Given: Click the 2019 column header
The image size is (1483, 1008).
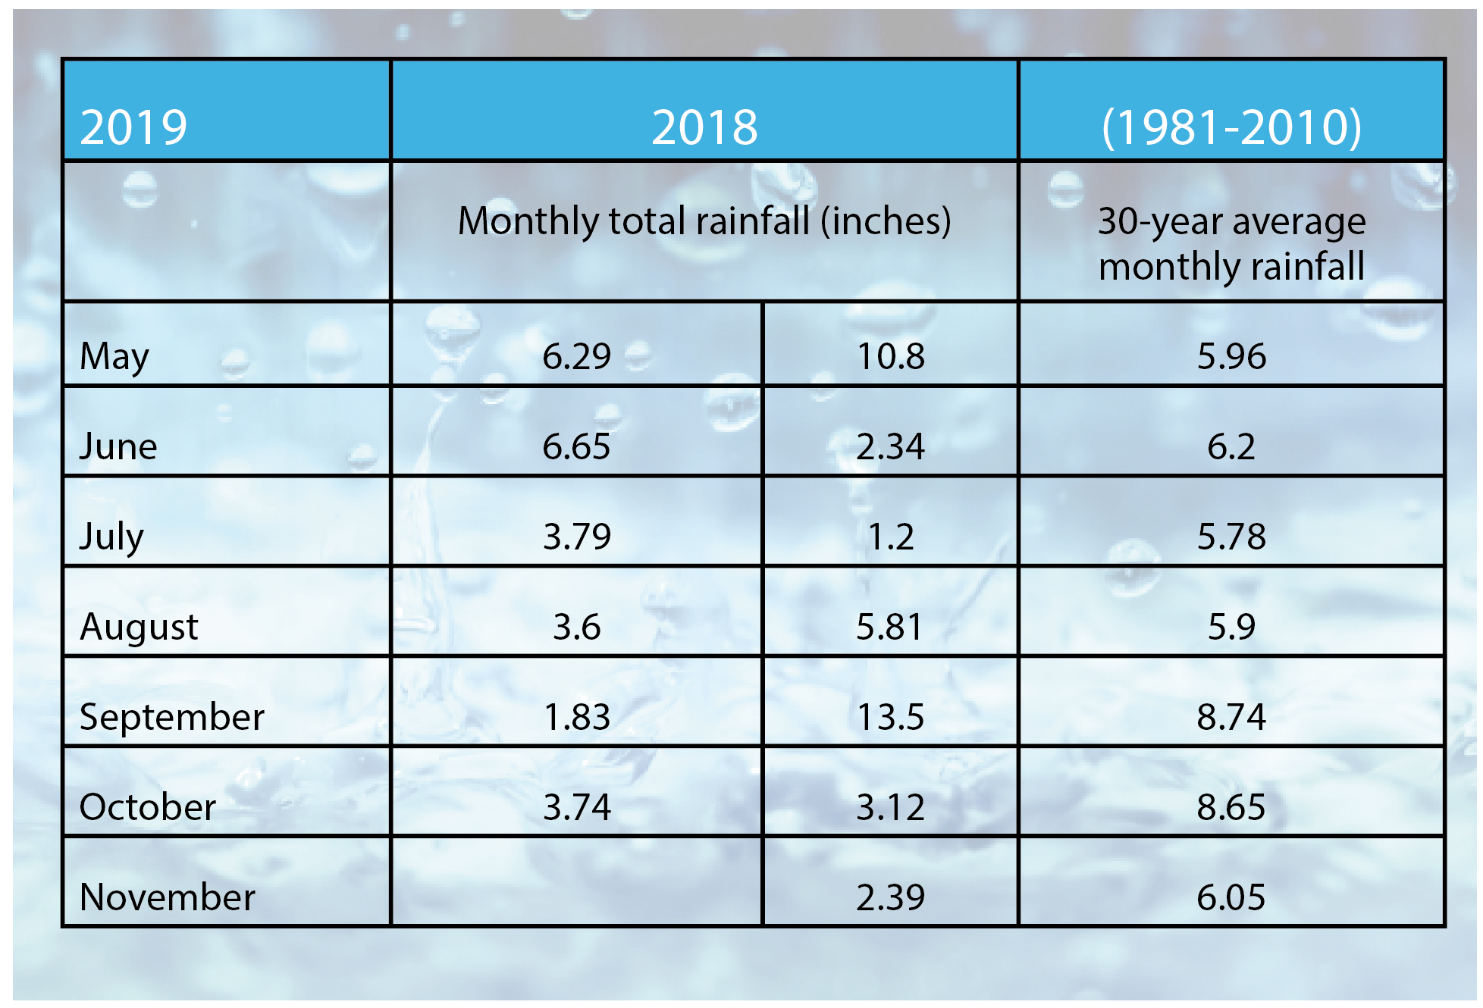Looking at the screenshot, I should pos(133,127).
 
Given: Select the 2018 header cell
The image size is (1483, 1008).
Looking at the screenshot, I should pos(704,127).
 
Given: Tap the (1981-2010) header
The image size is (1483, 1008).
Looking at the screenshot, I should pos(1231,127).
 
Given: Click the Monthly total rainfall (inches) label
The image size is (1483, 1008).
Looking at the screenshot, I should pos(704,221).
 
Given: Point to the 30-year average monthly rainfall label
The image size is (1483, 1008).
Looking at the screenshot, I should pos(1231,243).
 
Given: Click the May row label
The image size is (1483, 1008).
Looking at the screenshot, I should pos(114,356).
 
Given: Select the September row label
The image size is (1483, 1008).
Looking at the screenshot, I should pos(172,717).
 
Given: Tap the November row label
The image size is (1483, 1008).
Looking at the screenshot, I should pos(168,897).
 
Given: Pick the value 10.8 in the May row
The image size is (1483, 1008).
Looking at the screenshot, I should pos(890,356).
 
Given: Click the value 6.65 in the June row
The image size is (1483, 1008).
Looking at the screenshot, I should pos(576,446).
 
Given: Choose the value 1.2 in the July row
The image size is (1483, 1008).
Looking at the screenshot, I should pos(890,537).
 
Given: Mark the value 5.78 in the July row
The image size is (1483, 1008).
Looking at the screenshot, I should pos(1231,537).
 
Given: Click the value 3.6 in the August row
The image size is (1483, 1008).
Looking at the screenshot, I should pos(576,627).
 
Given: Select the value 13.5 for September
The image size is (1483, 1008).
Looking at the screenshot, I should pos(890,717).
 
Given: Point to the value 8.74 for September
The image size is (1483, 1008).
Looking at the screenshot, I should pos(1231,717).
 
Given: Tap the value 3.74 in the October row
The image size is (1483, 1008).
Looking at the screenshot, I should pos(576,807).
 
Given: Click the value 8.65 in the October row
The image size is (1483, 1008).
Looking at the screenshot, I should pos(1231,807).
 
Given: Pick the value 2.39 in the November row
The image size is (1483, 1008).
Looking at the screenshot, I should pos(890,897).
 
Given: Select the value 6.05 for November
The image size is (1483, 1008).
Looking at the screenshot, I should pos(1231,897).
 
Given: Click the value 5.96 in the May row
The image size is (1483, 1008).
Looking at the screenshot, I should pos(1231,356).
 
